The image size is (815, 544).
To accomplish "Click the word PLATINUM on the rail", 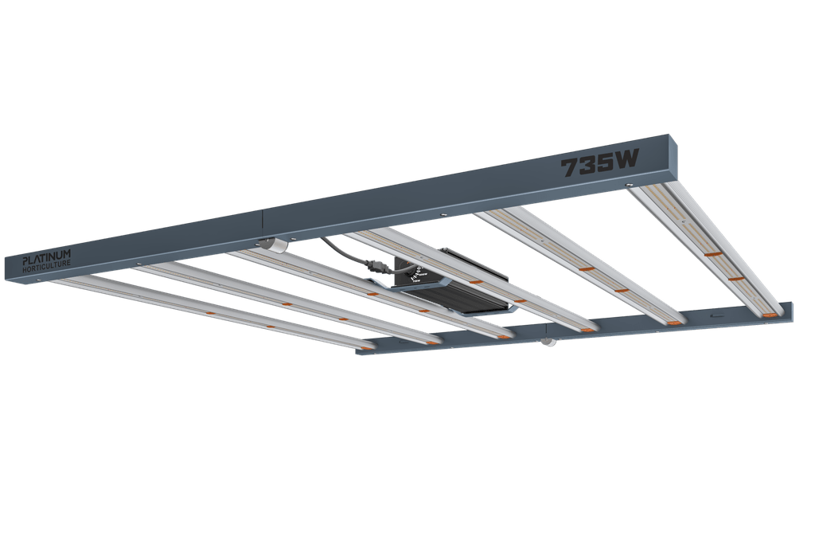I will coord(46,257).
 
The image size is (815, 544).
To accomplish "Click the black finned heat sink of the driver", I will coord(462,299).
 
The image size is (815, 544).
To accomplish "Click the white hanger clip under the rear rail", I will coord(548,342).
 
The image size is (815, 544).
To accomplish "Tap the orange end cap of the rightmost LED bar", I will coord(770,315).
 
